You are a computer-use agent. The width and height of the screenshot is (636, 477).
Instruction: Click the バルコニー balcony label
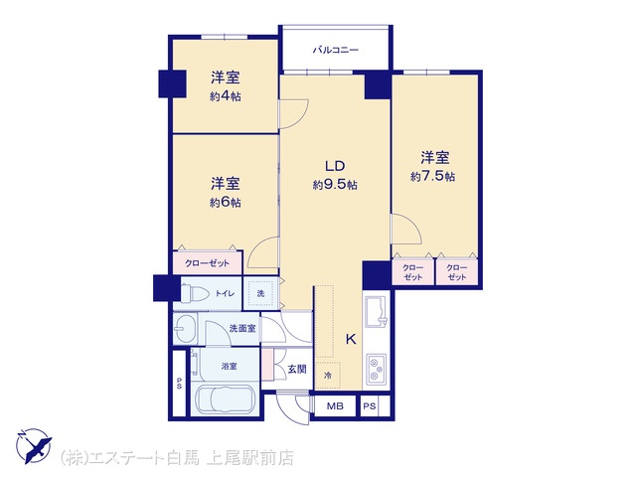point(336,51)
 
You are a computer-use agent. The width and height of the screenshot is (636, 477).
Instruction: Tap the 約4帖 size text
point(226,96)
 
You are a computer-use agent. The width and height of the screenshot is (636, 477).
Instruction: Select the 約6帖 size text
point(226,202)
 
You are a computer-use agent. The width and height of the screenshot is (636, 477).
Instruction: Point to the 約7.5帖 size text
point(433,177)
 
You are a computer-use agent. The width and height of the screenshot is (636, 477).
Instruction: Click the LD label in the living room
point(335,166)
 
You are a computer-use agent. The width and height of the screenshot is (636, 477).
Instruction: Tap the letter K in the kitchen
point(351,339)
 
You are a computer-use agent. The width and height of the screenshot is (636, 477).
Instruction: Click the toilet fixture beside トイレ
point(195,293)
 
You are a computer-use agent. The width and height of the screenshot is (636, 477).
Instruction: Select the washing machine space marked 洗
point(260,293)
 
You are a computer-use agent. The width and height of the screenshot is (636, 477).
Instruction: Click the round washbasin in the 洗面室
point(185,329)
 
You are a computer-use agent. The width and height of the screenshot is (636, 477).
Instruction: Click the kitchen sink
point(376,311)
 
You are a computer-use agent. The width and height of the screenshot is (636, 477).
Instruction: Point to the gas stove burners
point(377,370)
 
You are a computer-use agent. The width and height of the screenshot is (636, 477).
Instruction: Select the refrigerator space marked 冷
point(328,376)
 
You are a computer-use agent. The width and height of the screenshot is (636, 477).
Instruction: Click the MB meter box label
point(335,406)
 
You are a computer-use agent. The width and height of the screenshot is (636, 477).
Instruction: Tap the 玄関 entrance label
point(297,369)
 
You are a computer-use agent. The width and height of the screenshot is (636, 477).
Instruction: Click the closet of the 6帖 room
point(208,262)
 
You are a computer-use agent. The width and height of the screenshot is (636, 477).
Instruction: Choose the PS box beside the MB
point(370,406)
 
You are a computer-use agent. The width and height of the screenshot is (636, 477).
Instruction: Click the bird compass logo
point(34,446)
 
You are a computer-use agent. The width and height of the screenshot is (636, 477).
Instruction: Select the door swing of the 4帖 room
point(294,114)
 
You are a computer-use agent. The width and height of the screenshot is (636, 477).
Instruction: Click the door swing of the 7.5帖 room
point(406,229)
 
